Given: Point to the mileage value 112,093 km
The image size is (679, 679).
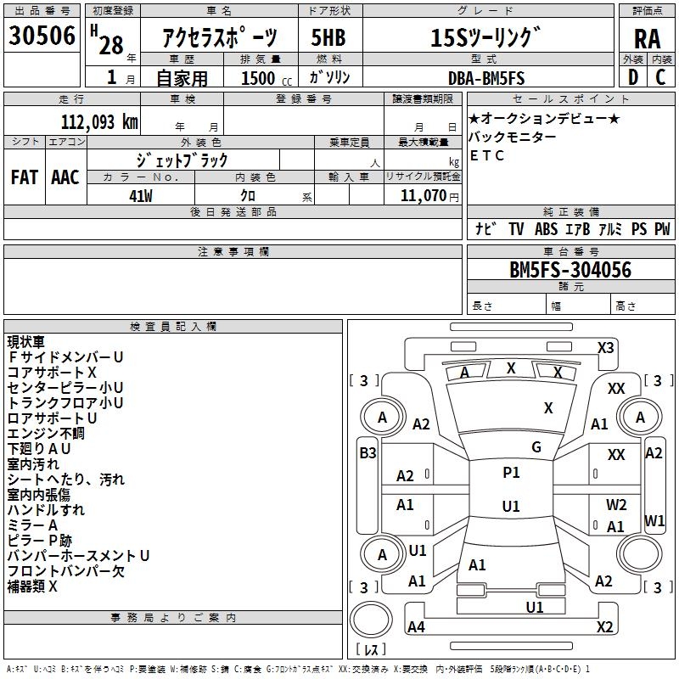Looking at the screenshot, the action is coord(99,121).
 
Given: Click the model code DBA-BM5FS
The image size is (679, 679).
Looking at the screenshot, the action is coord(486,78).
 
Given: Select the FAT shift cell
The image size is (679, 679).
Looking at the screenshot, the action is coord(25,177).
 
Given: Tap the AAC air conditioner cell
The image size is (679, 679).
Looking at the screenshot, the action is coord(65,177).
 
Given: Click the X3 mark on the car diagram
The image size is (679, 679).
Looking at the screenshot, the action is coord(606,347).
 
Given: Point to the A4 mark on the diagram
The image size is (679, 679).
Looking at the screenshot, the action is coord(416,627).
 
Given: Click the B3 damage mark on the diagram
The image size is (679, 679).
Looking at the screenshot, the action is coord(367,453).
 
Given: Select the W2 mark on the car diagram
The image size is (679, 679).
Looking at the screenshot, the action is coord(616,505).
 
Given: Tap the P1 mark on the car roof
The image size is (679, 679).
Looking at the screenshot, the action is coord(511,474).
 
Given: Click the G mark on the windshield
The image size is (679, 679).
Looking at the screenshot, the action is coord(536,447).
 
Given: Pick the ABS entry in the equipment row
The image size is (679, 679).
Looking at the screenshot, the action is coord(546,228).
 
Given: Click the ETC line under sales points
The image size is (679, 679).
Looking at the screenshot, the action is coord(486,155).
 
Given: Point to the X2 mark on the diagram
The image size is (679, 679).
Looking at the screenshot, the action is coord(604,627).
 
